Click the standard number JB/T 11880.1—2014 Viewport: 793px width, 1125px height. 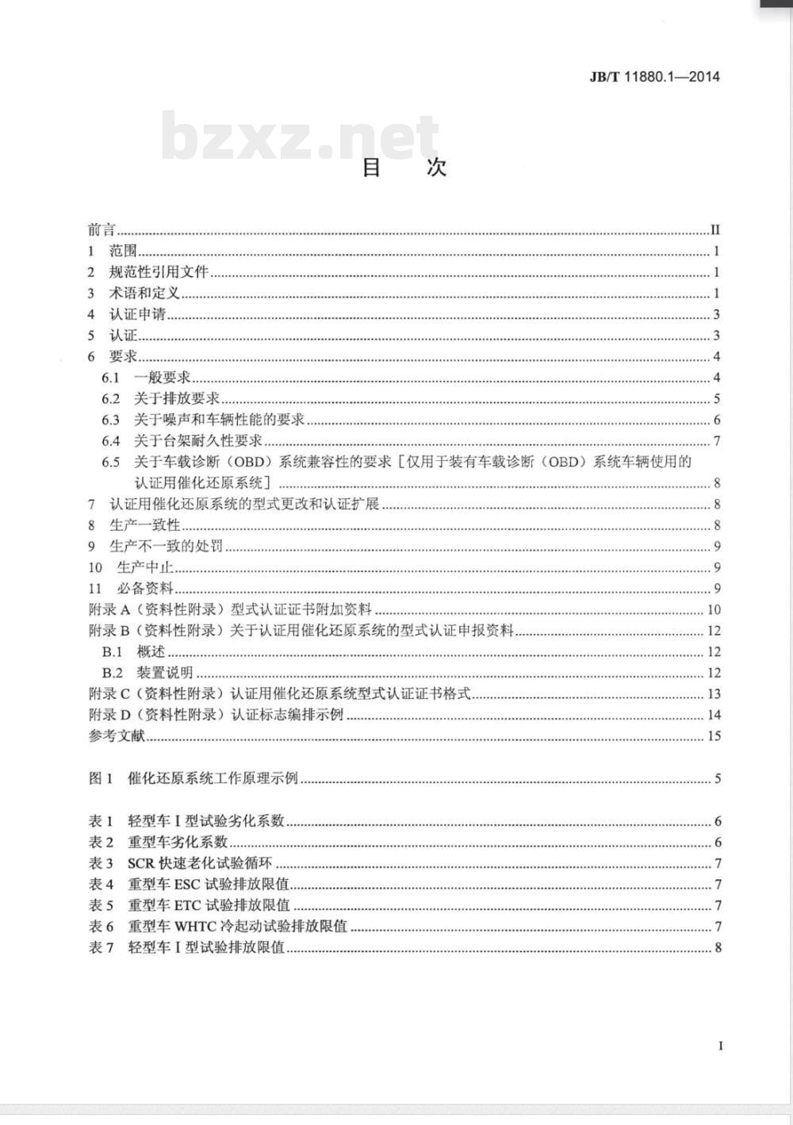[x=654, y=77]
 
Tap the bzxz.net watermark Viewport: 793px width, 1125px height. [x=300, y=136]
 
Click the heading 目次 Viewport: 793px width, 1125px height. [x=404, y=167]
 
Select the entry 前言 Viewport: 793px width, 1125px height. [x=102, y=230]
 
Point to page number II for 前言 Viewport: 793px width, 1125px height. [x=715, y=230]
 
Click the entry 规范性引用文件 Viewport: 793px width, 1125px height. [x=158, y=272]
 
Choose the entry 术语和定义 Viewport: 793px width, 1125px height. [x=144, y=294]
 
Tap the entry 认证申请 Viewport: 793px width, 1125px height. [x=136, y=314]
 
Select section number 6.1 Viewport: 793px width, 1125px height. [x=110, y=378]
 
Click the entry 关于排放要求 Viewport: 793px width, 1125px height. [x=176, y=398]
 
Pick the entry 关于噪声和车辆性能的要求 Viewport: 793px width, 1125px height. [x=219, y=420]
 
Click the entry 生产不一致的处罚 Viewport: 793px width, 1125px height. [x=166, y=546]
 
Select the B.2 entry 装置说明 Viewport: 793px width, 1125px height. [x=165, y=673]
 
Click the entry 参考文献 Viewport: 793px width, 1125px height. [x=117, y=735]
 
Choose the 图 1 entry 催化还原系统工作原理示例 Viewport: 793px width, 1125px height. [x=213, y=778]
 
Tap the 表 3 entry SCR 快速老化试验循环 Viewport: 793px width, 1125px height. [x=200, y=863]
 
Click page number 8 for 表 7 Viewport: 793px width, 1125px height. [x=718, y=947]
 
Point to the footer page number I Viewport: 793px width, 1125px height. [x=720, y=1046]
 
